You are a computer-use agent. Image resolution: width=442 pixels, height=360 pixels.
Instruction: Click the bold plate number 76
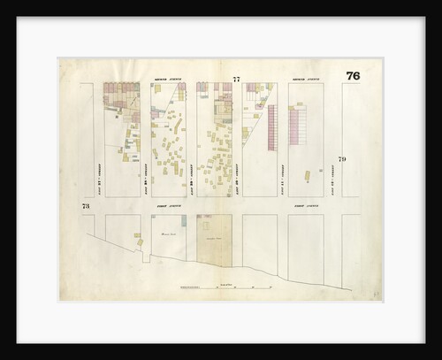[x=353, y=75]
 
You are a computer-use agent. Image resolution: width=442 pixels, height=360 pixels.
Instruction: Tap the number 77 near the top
[x=236, y=80]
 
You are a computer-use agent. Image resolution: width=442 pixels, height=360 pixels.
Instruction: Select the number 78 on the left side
[x=86, y=206]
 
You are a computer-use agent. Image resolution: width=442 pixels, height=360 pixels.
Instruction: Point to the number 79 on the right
[x=342, y=158]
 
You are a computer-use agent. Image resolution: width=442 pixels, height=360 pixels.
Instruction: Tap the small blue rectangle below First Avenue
[x=202, y=217]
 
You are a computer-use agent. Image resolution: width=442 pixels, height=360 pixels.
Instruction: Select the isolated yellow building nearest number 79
[x=307, y=176]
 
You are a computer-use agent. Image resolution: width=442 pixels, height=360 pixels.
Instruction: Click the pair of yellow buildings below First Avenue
[x=138, y=235]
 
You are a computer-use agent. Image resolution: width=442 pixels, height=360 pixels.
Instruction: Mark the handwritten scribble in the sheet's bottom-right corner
[x=376, y=291]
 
